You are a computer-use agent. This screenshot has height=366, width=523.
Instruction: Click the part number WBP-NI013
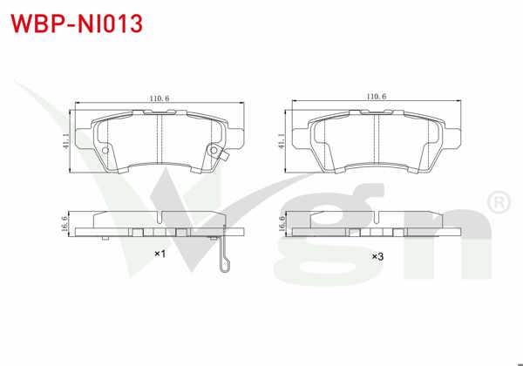click(x=75, y=23)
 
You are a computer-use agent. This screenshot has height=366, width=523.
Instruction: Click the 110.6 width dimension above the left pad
click(x=159, y=97)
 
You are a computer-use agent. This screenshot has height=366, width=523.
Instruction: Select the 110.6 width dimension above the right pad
click(x=376, y=97)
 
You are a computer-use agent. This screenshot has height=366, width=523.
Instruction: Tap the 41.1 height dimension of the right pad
click(x=281, y=141)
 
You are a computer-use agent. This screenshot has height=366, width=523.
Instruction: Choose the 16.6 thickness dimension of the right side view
click(x=282, y=224)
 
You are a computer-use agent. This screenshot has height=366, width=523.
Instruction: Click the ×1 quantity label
click(x=160, y=254)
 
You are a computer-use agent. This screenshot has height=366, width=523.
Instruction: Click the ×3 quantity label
click(x=377, y=256)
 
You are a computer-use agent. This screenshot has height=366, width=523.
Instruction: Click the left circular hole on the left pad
click(x=105, y=151)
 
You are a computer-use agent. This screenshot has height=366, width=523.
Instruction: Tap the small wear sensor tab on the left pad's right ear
click(x=223, y=158)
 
